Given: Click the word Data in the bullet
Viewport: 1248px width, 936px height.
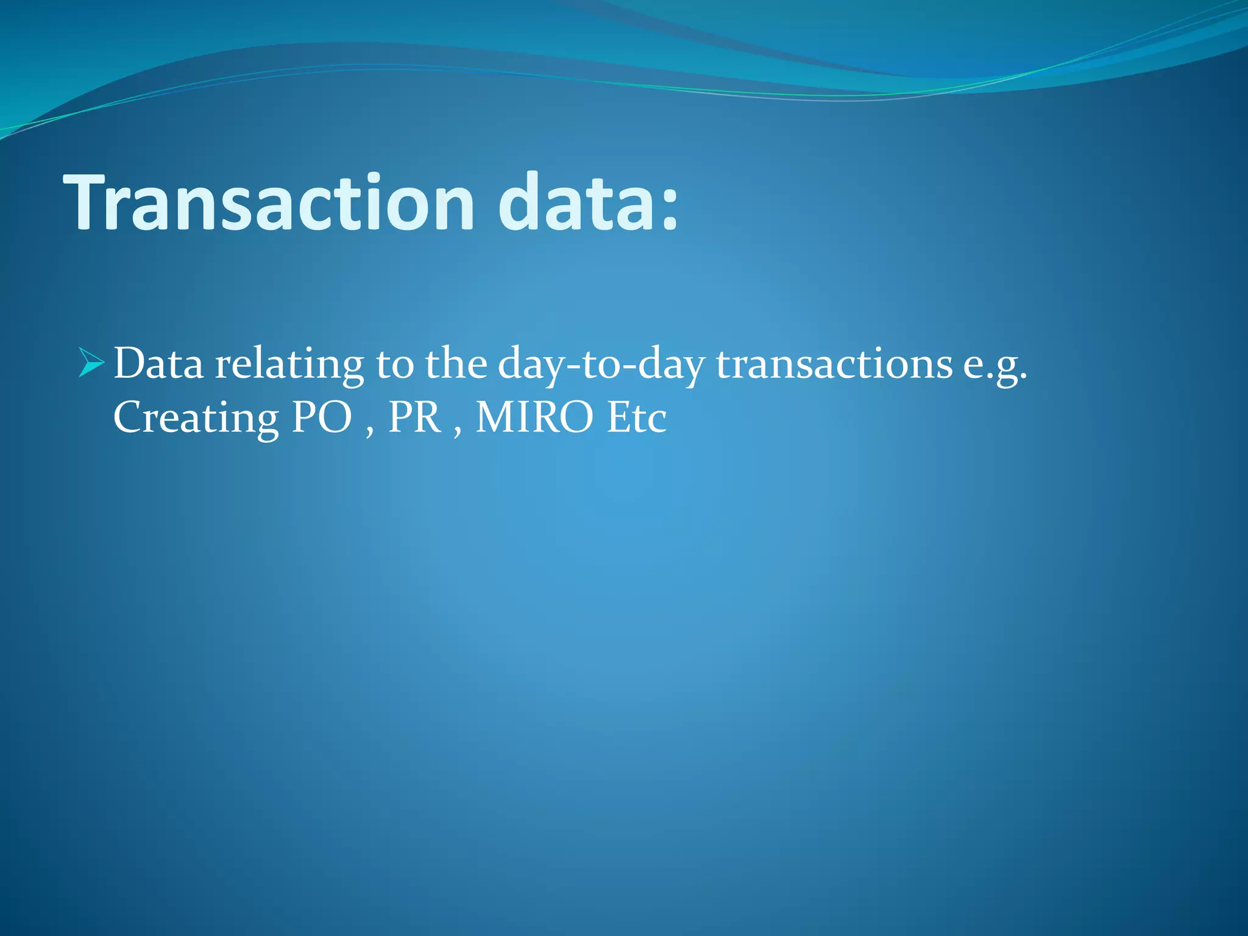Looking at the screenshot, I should click(158, 364).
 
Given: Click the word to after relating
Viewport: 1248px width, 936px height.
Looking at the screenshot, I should click(394, 364).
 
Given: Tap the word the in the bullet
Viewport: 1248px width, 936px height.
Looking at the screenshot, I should click(456, 364).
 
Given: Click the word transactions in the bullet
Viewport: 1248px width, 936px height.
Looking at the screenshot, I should click(834, 364).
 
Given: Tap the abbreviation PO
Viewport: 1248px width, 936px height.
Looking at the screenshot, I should click(322, 418).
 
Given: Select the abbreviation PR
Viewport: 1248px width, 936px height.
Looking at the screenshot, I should click(415, 418).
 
